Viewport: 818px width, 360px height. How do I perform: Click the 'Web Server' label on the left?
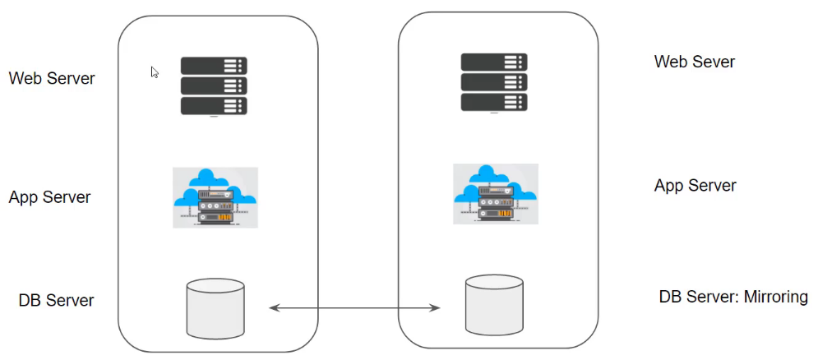[x=52, y=79]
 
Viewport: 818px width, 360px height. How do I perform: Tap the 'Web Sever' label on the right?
[x=694, y=62]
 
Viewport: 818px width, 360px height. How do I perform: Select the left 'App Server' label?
[x=49, y=197]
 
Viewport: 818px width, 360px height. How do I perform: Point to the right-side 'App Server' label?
[x=695, y=185]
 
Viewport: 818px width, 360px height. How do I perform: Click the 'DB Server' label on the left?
[x=56, y=301]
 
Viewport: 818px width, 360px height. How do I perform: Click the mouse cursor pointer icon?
[x=155, y=72]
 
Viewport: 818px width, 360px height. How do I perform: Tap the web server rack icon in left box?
[x=214, y=86]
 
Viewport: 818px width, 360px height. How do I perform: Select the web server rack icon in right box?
[x=493, y=82]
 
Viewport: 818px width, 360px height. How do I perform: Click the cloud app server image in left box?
[x=215, y=197]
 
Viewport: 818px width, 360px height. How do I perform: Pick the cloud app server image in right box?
[x=495, y=194]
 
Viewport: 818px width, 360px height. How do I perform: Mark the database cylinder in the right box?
[x=494, y=305]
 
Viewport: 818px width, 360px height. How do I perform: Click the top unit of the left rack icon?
[x=214, y=66]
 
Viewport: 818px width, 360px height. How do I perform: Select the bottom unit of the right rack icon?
[x=493, y=102]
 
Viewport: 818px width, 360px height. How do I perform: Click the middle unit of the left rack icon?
[x=214, y=85]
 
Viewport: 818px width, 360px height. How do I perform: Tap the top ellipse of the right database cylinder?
[x=494, y=284]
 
